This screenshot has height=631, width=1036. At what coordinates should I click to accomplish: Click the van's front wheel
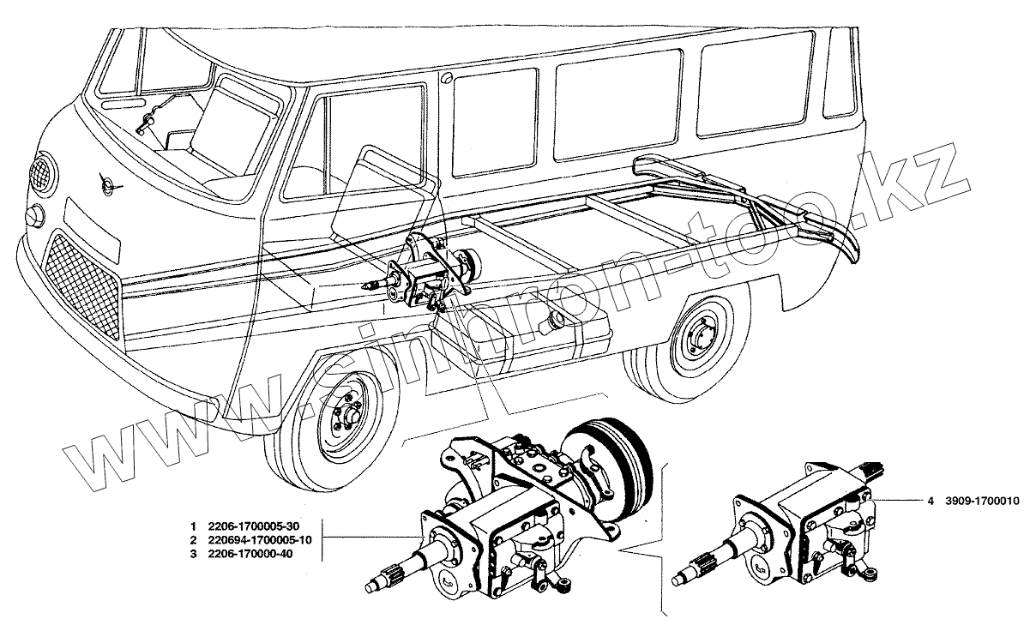tap(344, 421)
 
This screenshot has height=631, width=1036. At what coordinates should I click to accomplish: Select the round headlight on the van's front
tap(33, 216)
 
